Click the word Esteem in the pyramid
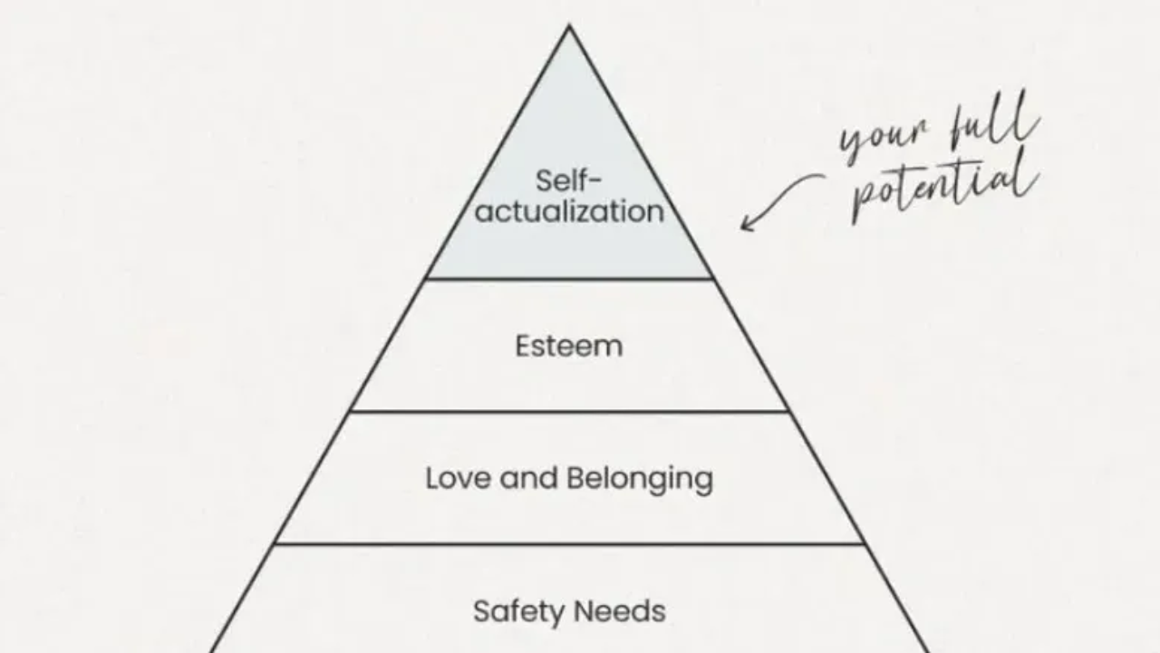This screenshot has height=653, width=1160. pos(568,346)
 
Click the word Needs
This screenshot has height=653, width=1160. pos(626,611)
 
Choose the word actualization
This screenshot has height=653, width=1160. pos(569,211)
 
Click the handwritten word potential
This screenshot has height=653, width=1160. pos(942,186)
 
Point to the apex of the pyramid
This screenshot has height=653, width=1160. pos(569,27)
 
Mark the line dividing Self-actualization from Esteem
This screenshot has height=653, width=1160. pos(569,278)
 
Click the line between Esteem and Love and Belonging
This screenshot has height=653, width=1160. pos(569,411)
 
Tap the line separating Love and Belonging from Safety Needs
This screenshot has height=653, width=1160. pos(569,544)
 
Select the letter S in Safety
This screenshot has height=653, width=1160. pos(481,611)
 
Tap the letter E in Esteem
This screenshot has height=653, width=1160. pos(522,346)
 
